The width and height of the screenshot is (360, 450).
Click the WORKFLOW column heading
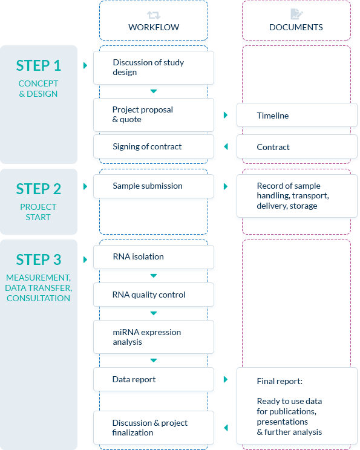[x=154, y=27]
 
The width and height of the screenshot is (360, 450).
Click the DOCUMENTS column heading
[x=296, y=27]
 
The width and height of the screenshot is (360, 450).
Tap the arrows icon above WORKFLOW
[x=154, y=15]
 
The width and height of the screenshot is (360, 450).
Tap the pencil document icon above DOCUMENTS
[x=296, y=14]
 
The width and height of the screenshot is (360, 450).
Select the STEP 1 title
[x=39, y=65]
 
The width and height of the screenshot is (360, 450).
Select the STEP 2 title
[x=39, y=189]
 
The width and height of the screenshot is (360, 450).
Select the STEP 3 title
[x=39, y=259]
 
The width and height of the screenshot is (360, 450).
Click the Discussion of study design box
[x=154, y=68]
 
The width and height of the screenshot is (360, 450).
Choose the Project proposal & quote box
[x=154, y=115]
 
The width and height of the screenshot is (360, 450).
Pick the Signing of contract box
[x=154, y=146]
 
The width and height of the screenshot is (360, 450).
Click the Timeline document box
[x=297, y=115]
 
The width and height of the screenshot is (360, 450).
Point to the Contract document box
[x=297, y=146]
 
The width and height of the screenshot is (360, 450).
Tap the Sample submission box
[x=154, y=186]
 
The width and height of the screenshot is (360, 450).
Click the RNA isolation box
[x=154, y=257]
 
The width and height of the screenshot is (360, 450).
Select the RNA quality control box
[x=154, y=295]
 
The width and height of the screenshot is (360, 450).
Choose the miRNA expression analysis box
[x=154, y=337]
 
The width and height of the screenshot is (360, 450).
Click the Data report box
[x=154, y=379]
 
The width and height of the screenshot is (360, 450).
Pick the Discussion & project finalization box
[x=154, y=428]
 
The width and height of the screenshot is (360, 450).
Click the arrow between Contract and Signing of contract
[x=226, y=146]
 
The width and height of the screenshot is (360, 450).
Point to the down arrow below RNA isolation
[x=154, y=276]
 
